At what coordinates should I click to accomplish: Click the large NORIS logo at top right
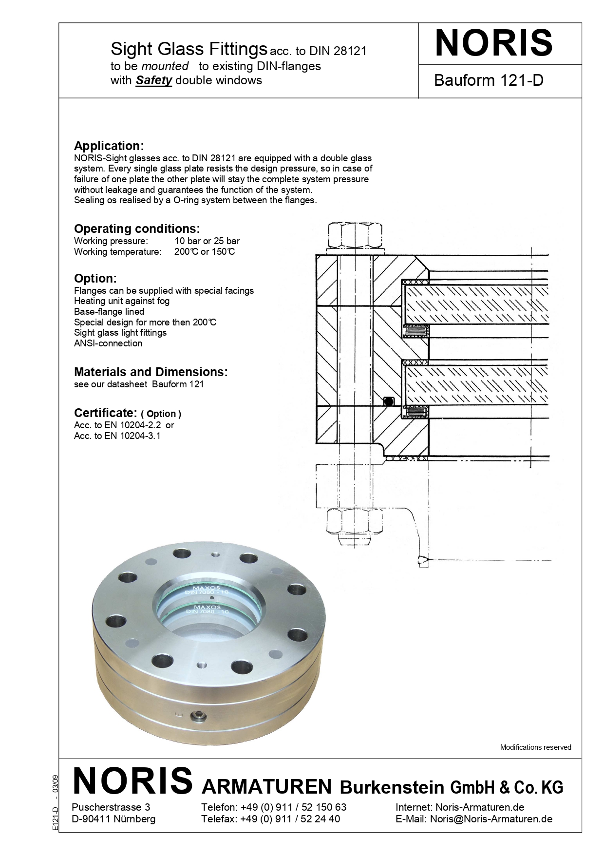(x=493, y=43)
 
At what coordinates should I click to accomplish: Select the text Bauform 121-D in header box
(x=488, y=80)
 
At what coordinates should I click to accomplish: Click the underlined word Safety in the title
(x=153, y=80)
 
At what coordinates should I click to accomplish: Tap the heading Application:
(x=109, y=146)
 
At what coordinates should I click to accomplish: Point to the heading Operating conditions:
(x=136, y=228)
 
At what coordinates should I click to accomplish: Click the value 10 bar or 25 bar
(x=207, y=241)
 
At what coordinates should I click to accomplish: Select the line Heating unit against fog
(x=122, y=301)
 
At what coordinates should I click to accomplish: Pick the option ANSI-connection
(x=108, y=343)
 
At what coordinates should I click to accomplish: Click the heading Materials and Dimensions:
(x=151, y=372)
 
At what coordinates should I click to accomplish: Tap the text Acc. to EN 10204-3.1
(x=117, y=436)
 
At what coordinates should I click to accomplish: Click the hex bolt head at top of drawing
(x=355, y=235)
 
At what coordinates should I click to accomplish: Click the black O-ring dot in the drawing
(x=388, y=401)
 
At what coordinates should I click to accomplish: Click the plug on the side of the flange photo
(x=198, y=715)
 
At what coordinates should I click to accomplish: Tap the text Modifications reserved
(x=535, y=747)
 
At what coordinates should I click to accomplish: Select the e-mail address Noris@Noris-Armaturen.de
(x=491, y=819)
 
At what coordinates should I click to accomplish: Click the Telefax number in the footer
(x=290, y=819)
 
